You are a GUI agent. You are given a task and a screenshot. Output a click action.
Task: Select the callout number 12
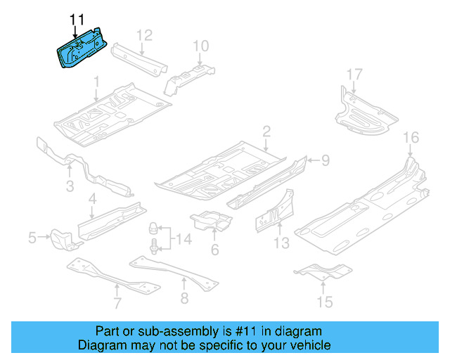tap(143, 35)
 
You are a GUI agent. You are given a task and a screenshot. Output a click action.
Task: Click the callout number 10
tap(200, 47)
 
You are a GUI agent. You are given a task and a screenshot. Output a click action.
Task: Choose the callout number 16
tap(411, 136)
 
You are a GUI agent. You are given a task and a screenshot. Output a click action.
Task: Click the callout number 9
tap(326, 161)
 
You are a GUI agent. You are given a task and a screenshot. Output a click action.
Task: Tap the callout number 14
tap(183, 240)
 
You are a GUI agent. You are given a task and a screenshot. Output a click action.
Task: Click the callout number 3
tap(70, 186)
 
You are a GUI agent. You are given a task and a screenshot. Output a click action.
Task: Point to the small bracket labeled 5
tap(61, 238)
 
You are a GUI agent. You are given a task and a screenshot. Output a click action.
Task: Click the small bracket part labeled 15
tap(323, 270)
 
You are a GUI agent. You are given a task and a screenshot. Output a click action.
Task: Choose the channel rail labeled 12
tap(141, 59)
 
